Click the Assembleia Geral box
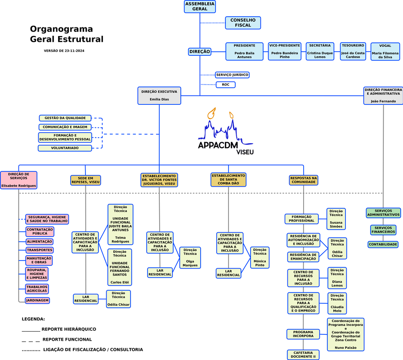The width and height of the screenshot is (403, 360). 200,6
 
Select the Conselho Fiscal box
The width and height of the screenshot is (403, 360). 243,22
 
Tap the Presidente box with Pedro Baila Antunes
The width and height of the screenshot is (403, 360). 244,51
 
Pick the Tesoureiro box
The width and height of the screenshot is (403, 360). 353,51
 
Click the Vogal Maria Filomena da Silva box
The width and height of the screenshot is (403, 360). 385,52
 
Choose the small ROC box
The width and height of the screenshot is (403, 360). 225,85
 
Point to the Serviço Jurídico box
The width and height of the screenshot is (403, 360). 232,75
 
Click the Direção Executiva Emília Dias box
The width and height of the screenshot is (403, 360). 159,95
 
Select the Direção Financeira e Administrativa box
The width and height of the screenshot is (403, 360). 383,96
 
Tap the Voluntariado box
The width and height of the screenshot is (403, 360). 65,148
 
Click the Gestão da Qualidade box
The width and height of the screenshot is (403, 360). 65,118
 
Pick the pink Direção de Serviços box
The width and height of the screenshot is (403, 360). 18,180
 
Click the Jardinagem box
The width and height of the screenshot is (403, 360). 37,300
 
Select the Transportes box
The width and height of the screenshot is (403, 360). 39,250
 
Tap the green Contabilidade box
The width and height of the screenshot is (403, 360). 383,244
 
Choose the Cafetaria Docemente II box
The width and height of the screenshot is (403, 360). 303,355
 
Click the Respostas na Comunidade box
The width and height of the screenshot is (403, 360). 303,180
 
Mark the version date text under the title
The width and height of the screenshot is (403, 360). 64,51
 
